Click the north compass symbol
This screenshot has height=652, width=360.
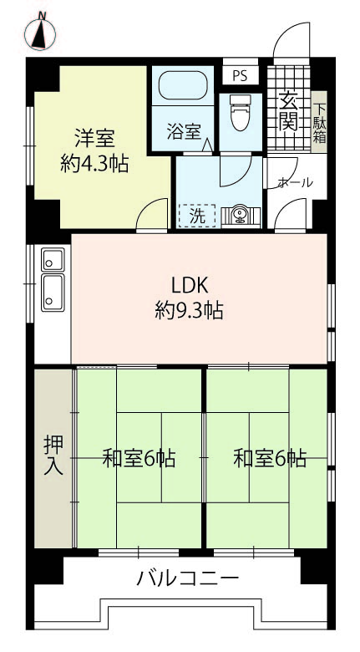[40, 33]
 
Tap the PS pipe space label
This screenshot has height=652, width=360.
[240, 75]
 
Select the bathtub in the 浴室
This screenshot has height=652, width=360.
[183, 85]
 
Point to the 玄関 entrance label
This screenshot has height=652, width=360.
[288, 111]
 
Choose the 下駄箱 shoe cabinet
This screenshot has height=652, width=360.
[319, 122]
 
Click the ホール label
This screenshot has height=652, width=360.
[295, 182]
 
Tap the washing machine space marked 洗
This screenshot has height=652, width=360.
[197, 216]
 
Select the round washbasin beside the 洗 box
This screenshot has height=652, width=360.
[240, 215]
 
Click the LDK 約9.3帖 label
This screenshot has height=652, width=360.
[189, 298]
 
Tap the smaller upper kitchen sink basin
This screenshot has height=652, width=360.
[53, 259]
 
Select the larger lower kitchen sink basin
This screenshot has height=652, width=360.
[53, 293]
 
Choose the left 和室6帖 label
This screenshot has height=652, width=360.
[139, 459]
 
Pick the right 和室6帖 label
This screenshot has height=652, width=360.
[270, 459]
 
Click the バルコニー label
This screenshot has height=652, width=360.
[188, 578]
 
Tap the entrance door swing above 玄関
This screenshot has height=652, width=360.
[292, 40]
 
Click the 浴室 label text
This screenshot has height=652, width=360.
[184, 132]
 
